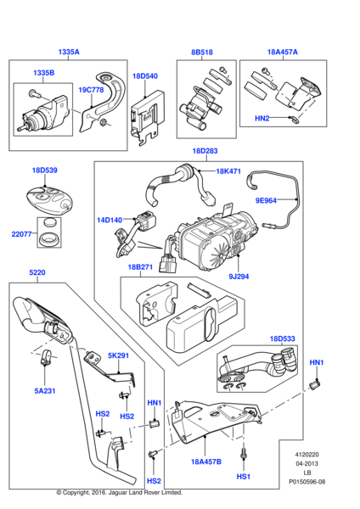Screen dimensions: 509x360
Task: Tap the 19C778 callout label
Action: click(92, 89)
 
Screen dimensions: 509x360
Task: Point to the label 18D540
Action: click(144, 76)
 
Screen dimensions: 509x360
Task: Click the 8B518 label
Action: click(201, 52)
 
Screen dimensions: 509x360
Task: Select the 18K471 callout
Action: click(228, 171)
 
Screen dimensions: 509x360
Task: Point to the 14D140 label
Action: click(110, 220)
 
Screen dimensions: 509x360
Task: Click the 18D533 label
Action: click(283, 339)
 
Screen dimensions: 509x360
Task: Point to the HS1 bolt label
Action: click(243, 478)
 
